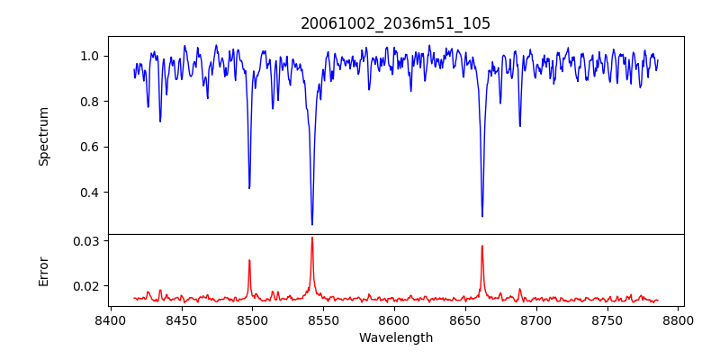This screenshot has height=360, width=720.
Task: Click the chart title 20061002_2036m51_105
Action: pos(395,23)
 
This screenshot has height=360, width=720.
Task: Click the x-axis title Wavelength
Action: pos(395,337)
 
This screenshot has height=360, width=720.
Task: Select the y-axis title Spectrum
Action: pos(43,136)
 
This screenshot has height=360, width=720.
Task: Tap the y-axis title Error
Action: pos(43,271)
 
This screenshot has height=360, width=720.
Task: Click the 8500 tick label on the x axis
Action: pos(252,319)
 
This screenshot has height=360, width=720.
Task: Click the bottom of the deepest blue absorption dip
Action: pos(312,224)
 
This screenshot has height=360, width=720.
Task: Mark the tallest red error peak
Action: pos(312,238)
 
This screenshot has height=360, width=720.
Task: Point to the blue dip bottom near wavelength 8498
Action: pos(249,188)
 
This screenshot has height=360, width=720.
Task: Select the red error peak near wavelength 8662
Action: pos(482,246)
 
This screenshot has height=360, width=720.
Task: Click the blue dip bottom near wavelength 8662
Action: pos(482,216)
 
